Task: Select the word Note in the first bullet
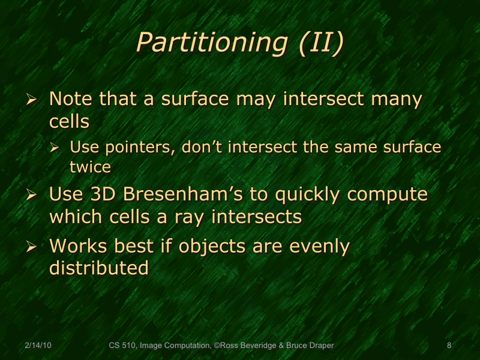[x=71, y=99]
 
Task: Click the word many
[x=395, y=99]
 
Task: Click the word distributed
[x=98, y=268]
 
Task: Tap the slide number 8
[x=449, y=346]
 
